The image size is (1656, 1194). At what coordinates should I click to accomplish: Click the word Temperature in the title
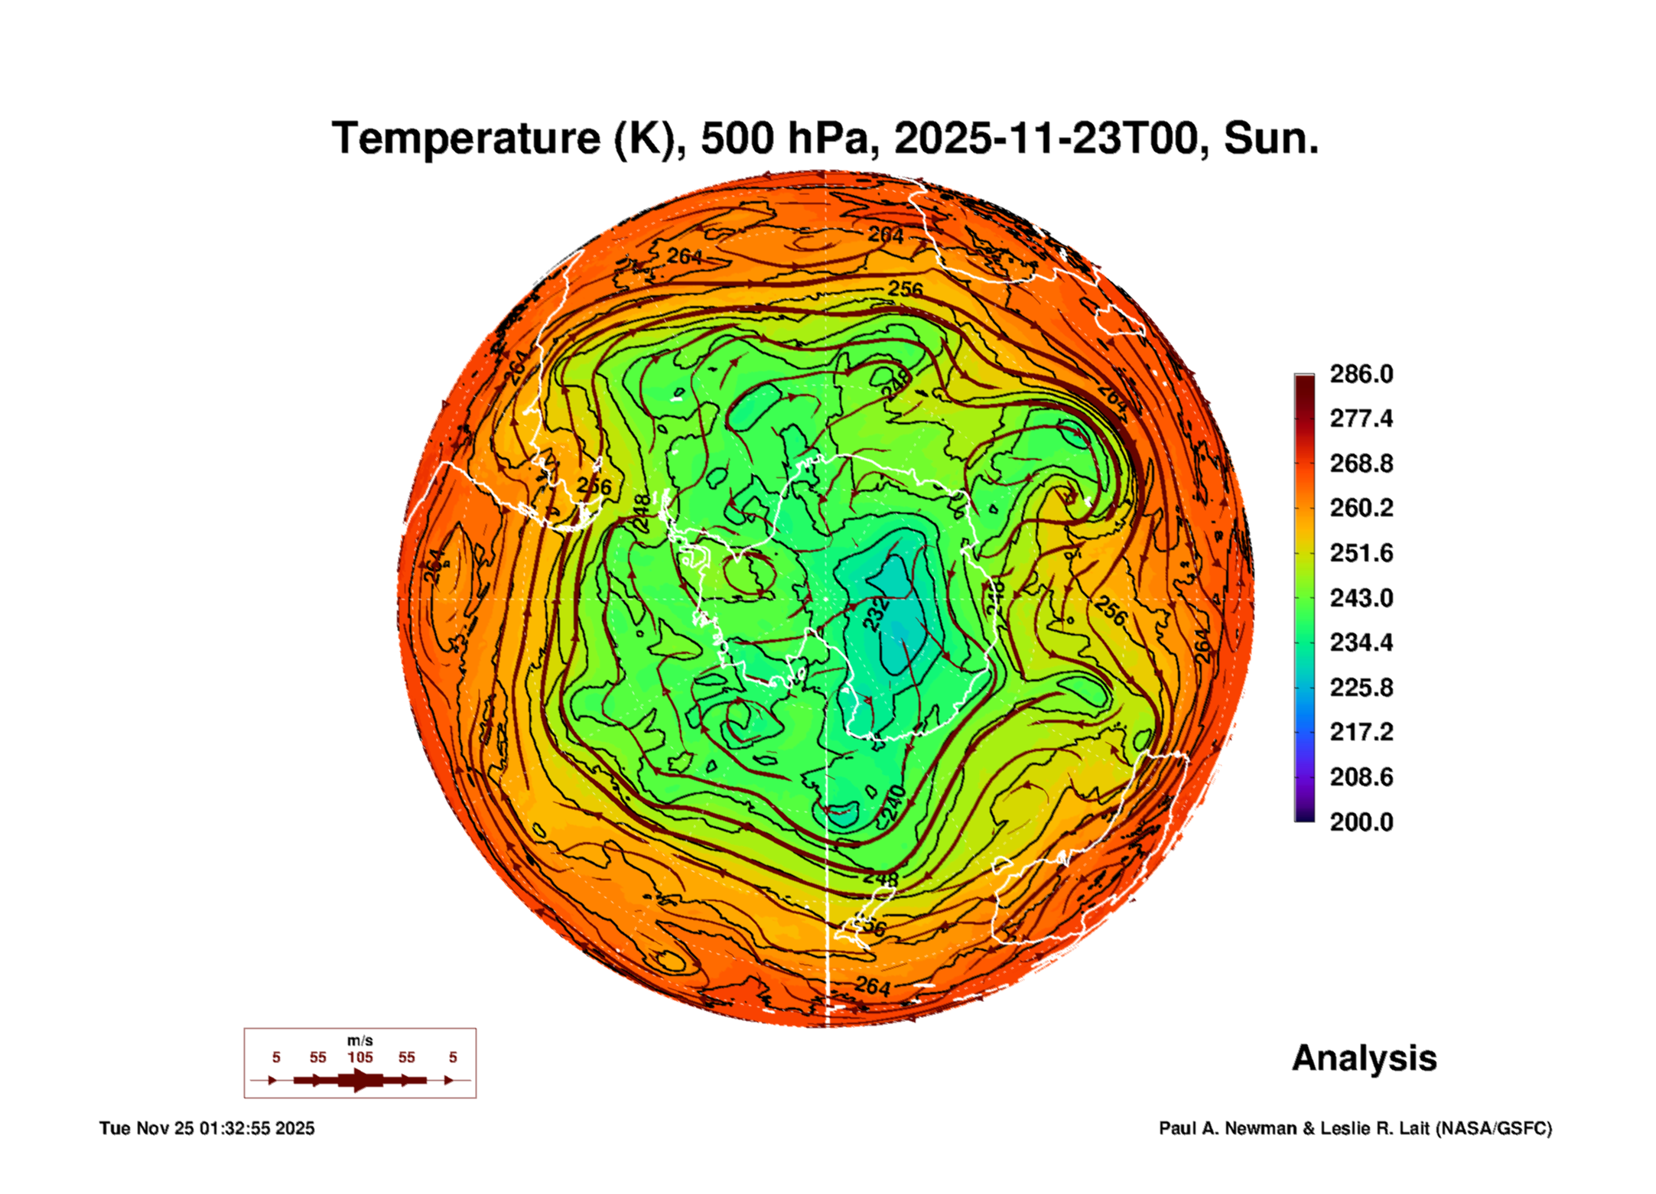(x=466, y=138)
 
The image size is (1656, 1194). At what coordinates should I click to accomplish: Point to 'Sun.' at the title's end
(x=1271, y=138)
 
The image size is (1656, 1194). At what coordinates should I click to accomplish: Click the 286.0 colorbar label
(x=1361, y=374)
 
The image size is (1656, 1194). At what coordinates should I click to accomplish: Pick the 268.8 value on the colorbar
(x=1361, y=464)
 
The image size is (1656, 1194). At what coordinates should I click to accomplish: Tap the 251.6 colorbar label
(x=1361, y=553)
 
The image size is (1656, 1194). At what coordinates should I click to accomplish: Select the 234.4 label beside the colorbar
(x=1361, y=643)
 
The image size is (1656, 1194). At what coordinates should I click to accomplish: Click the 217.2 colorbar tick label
(x=1361, y=732)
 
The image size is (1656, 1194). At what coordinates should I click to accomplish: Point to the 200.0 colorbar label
(x=1361, y=822)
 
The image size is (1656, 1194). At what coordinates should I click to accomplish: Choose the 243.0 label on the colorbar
(x=1361, y=598)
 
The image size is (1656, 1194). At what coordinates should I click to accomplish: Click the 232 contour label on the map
(x=877, y=614)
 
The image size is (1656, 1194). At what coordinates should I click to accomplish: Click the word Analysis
(x=1364, y=1058)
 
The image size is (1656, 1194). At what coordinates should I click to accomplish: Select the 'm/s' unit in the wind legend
(x=360, y=1040)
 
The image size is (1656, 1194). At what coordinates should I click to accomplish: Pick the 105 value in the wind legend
(x=360, y=1057)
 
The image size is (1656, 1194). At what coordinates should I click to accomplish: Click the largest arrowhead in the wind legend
(x=360, y=1080)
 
